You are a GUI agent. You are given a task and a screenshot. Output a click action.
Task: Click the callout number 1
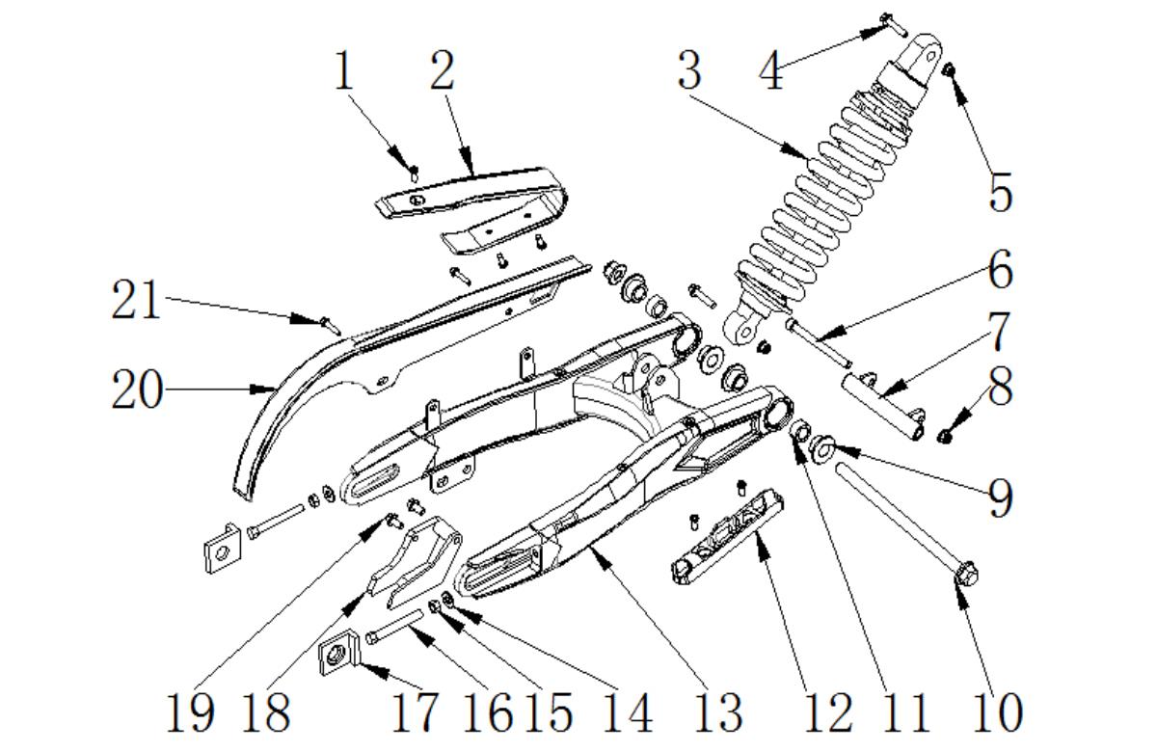click(344, 72)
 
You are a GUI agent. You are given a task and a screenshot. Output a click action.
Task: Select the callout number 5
click(1001, 193)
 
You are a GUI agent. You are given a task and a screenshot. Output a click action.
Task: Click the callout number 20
click(136, 390)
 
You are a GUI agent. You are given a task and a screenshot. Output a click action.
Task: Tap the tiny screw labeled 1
click(414, 174)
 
